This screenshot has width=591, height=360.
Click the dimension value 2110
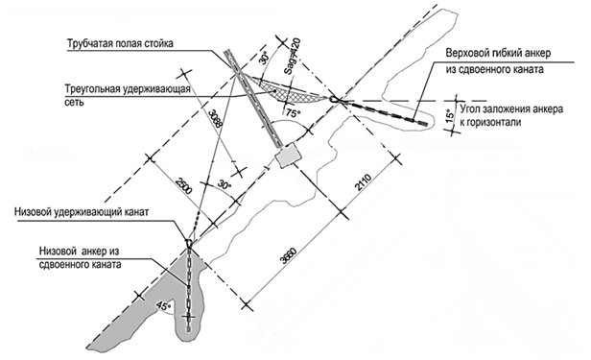pos(364,183)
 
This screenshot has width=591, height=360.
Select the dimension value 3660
pos(291,256)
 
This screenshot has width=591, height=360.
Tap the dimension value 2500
pos(183,185)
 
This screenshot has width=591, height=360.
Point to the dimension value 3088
pos(214,119)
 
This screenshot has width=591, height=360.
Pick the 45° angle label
pos(163,305)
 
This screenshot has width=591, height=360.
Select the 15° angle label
pos(449,116)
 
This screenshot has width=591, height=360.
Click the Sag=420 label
pos(293,56)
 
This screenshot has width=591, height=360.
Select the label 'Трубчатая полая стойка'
pos(121,44)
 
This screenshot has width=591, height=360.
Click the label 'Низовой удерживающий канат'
pos(82,212)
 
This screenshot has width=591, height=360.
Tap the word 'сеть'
pos(74,103)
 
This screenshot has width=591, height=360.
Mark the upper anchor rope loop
pos(334,99)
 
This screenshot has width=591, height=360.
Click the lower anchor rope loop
pos(189,241)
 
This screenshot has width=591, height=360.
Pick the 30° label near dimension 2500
pos(225,185)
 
